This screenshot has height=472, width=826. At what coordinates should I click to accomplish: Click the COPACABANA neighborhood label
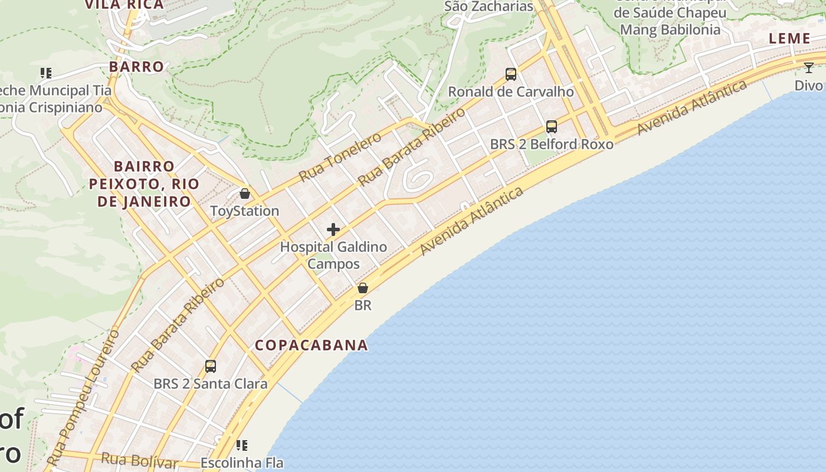pyautogui.click(x=311, y=345)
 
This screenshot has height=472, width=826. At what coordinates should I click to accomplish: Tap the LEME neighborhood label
pyautogui.click(x=789, y=39)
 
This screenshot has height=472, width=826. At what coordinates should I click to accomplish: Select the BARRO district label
pyautogui.click(x=136, y=67)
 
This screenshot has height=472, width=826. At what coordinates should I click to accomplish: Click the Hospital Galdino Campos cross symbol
pyautogui.click(x=333, y=230)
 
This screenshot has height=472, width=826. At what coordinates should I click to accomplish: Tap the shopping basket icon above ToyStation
pyautogui.click(x=244, y=194)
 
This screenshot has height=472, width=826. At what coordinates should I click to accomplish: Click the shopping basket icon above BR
pyautogui.click(x=363, y=288)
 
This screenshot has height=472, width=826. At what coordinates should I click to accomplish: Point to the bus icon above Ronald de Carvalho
pyautogui.click(x=511, y=74)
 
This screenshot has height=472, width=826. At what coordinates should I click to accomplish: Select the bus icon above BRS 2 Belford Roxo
pyautogui.click(x=552, y=127)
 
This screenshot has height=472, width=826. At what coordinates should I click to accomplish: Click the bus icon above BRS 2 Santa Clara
pyautogui.click(x=211, y=366)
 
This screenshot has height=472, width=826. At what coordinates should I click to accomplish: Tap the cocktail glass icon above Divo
pyautogui.click(x=809, y=68)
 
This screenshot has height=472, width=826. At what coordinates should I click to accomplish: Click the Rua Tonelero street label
pyautogui.click(x=340, y=157)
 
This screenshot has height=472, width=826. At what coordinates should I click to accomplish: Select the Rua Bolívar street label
pyautogui.click(x=139, y=460)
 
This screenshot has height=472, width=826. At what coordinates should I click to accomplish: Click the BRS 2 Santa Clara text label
pyautogui.click(x=211, y=384)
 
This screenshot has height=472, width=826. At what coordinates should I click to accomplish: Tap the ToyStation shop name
pyautogui.click(x=244, y=211)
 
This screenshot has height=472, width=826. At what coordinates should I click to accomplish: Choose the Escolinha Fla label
pyautogui.click(x=242, y=463)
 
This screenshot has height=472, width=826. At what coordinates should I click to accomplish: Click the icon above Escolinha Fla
pyautogui.click(x=242, y=445)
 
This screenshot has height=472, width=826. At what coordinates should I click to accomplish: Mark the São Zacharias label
pyautogui.click(x=489, y=6)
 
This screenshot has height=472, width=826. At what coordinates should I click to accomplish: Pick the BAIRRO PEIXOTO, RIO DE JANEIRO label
pyautogui.click(x=144, y=184)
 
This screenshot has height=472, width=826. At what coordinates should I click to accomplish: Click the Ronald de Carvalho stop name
pyautogui.click(x=511, y=92)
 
